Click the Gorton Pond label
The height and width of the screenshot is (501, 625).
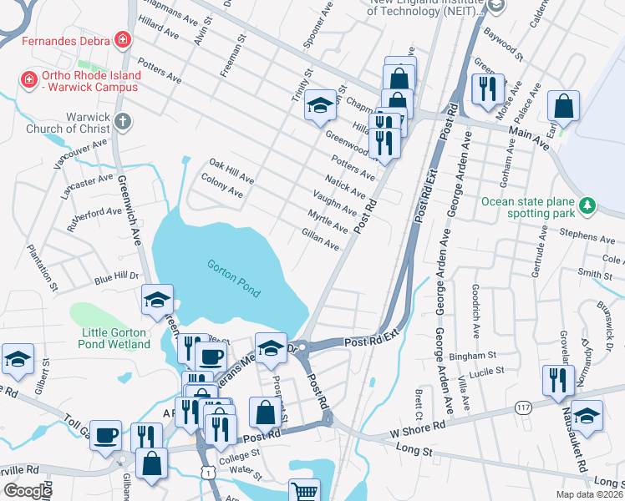(x=235, y=279)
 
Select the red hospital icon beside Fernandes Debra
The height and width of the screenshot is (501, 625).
(x=123, y=39)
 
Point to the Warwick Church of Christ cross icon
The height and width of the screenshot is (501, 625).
(x=123, y=122)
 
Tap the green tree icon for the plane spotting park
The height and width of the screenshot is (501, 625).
(x=587, y=205)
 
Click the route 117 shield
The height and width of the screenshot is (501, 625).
(x=523, y=407)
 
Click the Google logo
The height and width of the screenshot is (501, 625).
(x=27, y=491)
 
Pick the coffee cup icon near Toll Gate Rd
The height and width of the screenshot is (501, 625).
(x=107, y=436)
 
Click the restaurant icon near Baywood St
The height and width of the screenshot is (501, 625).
(x=487, y=88)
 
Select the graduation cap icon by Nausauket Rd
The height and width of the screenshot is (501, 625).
(x=587, y=416)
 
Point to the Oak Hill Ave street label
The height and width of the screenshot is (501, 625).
(x=231, y=171)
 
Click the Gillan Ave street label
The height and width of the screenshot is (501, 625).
(x=320, y=240)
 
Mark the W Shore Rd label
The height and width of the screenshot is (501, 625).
(x=418, y=427)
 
